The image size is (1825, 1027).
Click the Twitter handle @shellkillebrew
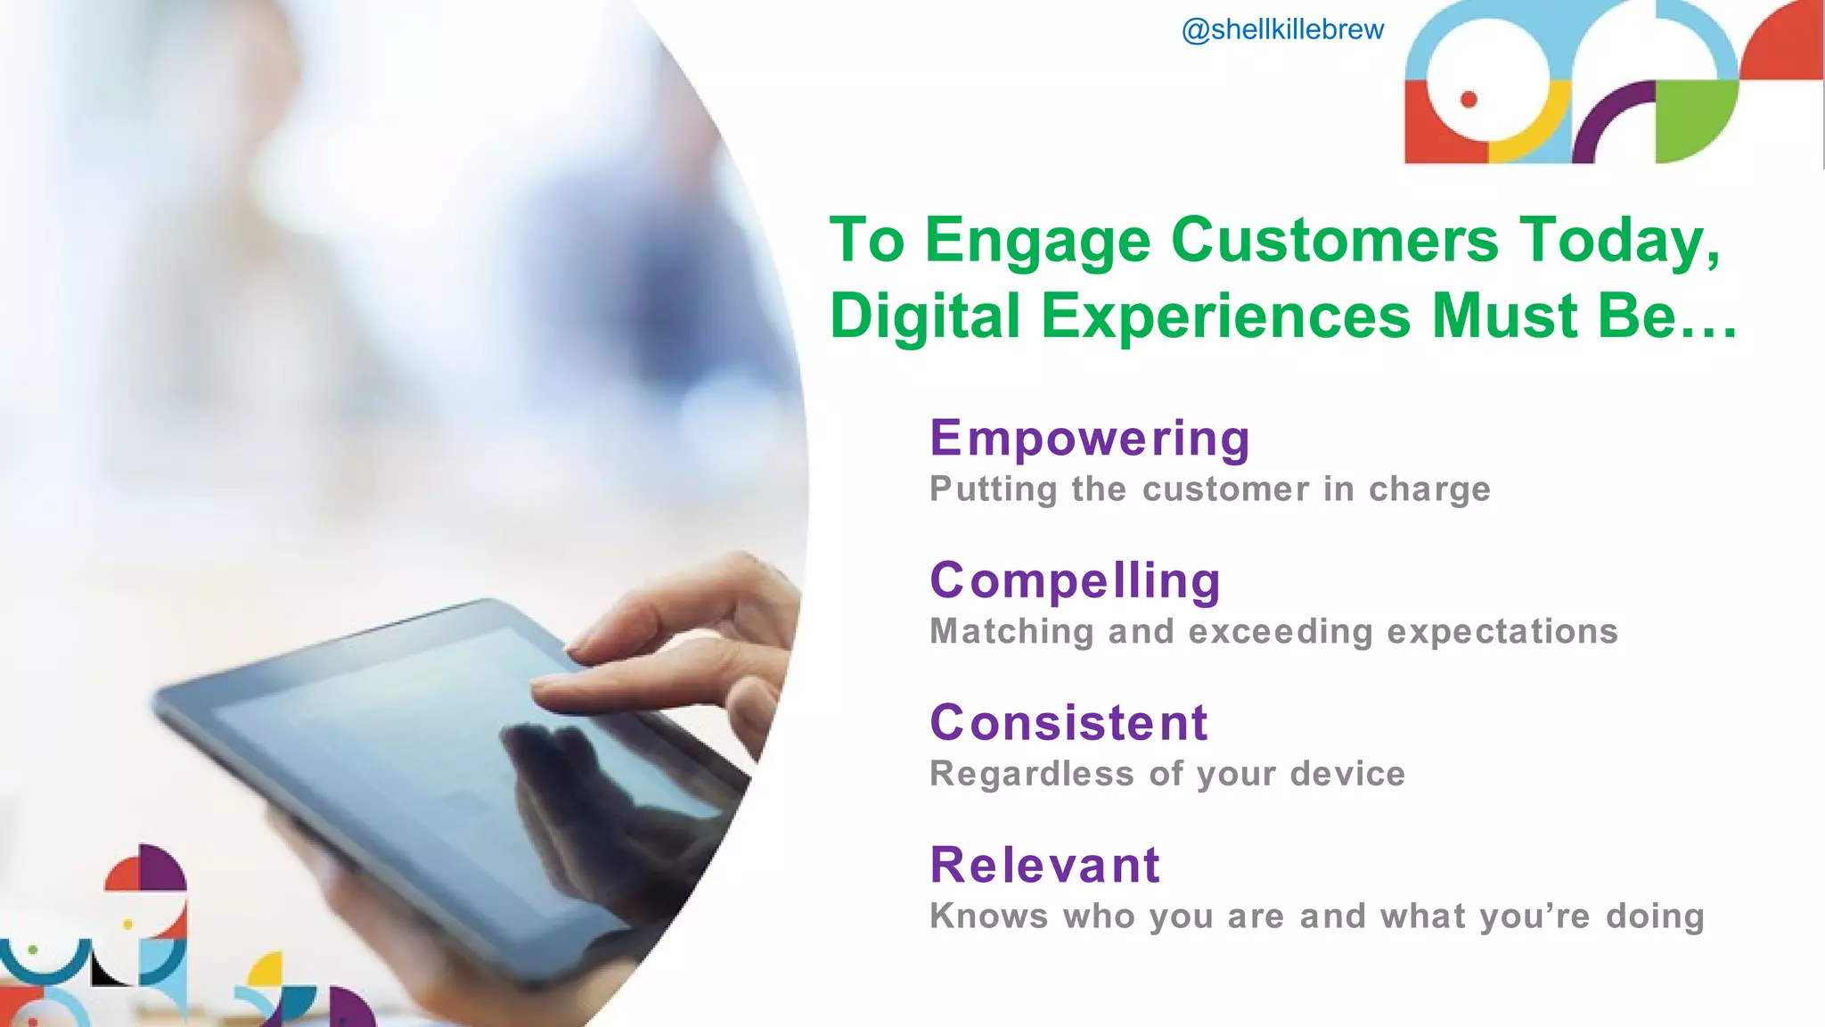point(1282,29)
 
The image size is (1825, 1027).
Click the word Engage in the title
point(1037,241)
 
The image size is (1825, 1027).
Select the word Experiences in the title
point(1226,316)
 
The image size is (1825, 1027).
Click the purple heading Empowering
point(1090,438)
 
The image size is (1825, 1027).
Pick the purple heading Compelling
point(1075,580)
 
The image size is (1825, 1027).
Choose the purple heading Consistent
point(1068,722)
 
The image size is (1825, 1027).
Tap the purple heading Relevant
point(1044,865)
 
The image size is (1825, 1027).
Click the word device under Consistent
point(1347,773)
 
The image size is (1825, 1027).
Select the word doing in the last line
point(1655,916)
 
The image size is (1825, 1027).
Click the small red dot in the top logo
point(1469,99)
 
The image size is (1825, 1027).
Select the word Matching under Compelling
point(1011,631)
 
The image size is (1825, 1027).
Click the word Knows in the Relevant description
point(988,916)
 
